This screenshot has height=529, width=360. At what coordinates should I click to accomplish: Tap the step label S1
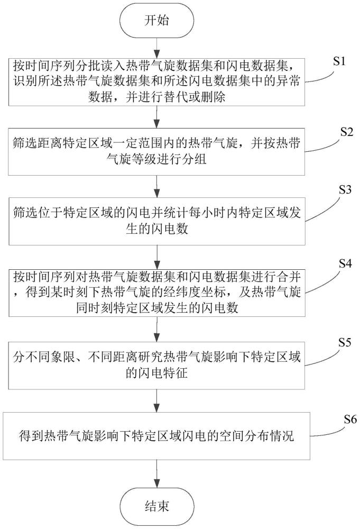click(339, 61)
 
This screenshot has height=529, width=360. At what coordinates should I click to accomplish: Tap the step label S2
click(339, 133)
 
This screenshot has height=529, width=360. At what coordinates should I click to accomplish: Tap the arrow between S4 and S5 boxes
click(158, 332)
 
